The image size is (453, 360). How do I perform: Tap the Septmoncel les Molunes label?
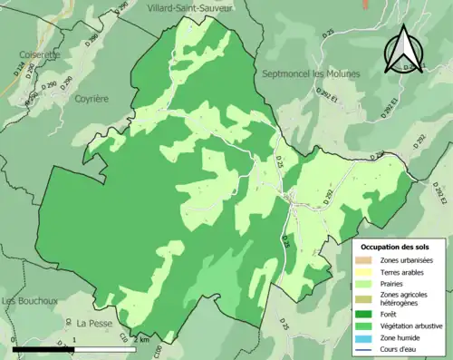(310, 73)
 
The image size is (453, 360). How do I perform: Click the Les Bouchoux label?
(30, 301)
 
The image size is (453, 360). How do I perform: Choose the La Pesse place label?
(93, 323)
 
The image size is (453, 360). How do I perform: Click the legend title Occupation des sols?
(395, 247)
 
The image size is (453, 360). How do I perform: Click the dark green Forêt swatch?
(367, 316)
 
